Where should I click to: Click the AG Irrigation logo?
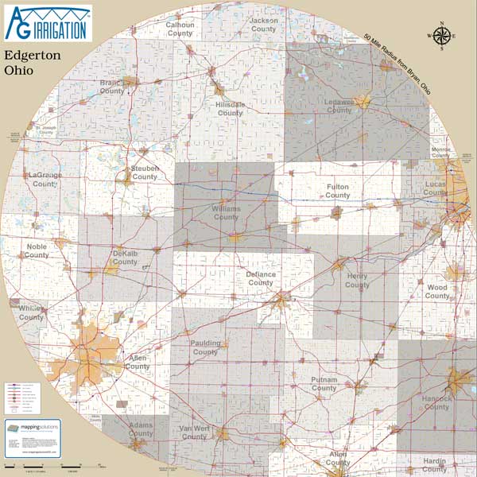(x=48, y=22)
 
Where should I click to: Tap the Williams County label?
(x=226, y=212)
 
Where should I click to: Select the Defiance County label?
(x=260, y=278)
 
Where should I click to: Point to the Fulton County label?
(x=337, y=191)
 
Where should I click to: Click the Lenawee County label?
(x=339, y=106)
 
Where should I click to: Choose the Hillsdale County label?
(x=230, y=109)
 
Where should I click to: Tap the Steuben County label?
(x=145, y=173)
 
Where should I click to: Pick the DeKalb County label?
(x=125, y=257)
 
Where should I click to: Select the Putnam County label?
(x=324, y=384)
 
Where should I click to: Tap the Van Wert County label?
(x=194, y=432)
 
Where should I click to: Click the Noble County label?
(x=37, y=250)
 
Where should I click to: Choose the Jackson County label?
(x=263, y=25)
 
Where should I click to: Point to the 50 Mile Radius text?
(x=396, y=61)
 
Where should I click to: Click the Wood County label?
(x=436, y=292)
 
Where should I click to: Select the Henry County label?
(x=357, y=280)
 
